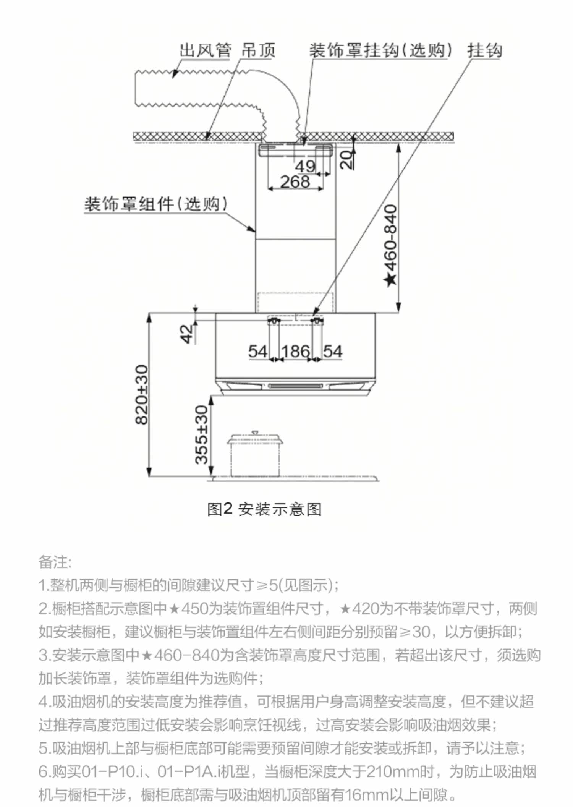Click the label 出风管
[x=206, y=50]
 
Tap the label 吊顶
[x=258, y=50]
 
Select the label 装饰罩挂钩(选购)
[x=380, y=50]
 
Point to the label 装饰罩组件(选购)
[x=155, y=204]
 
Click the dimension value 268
[x=295, y=181]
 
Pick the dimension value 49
[x=305, y=166]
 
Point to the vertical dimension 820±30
[x=142, y=394]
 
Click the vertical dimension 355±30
[x=201, y=434]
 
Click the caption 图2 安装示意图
[x=264, y=509]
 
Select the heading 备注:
[x=55, y=562]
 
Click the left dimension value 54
[x=258, y=351]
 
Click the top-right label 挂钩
[x=484, y=50]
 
